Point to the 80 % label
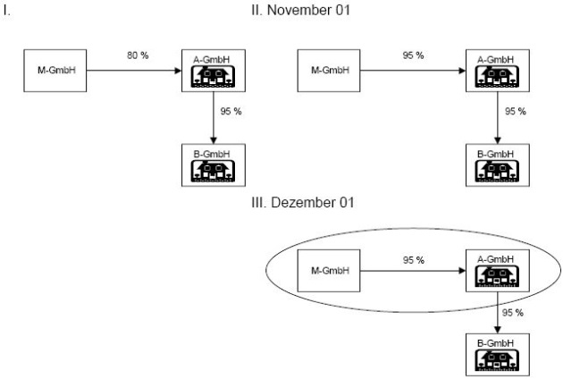click(137, 55)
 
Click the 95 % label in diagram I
click(233, 112)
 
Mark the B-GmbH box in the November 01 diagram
click(489, 163)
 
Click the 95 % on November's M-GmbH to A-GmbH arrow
click(413, 55)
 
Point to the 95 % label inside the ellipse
click(413, 259)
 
